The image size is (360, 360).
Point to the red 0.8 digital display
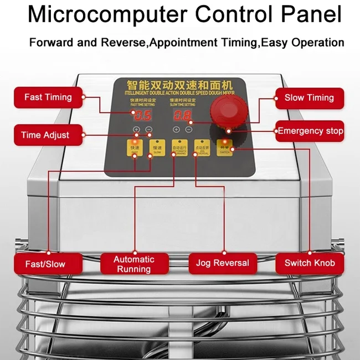(x=183, y=116)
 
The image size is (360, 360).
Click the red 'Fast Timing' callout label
(x=48, y=97)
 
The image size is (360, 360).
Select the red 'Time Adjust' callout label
(x=45, y=135)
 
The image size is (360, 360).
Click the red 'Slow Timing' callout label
(x=309, y=97)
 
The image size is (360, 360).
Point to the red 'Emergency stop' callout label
(x=310, y=131)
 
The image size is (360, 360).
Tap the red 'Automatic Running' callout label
(x=134, y=264)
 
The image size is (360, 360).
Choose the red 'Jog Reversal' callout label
(x=223, y=263)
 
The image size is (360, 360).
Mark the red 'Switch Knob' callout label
(x=310, y=263)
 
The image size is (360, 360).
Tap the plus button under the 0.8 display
(x=176, y=130)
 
